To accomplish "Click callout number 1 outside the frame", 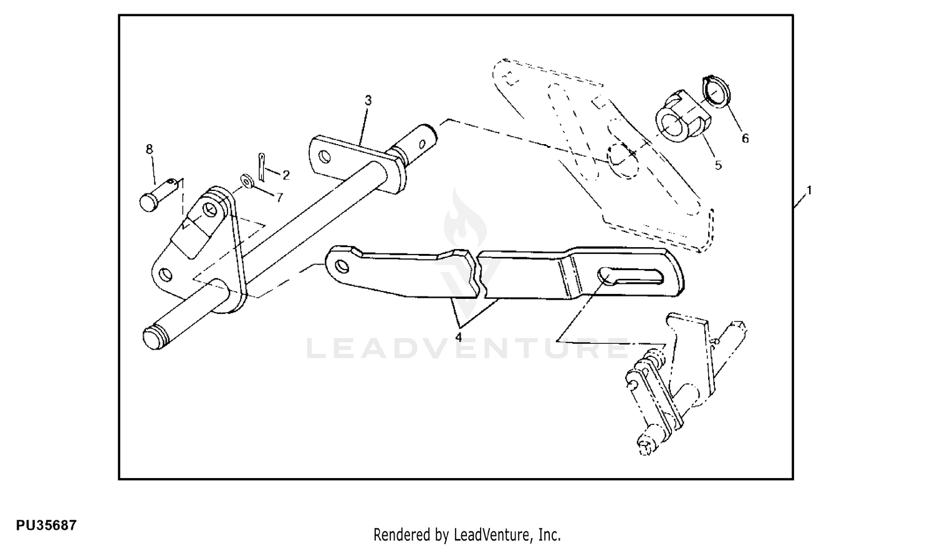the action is click(x=809, y=190).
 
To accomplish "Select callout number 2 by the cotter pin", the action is click(x=286, y=175).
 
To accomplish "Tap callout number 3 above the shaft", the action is click(x=368, y=100).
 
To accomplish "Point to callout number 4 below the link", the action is click(x=458, y=337).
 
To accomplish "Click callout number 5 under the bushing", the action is click(x=718, y=165).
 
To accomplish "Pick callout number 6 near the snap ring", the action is click(x=745, y=139).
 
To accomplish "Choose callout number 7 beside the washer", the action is click(x=279, y=197).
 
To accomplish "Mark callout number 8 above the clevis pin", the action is click(x=150, y=149).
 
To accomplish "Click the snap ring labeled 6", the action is click(x=717, y=91).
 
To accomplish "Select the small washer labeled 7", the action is click(x=246, y=181).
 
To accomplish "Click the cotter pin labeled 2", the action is click(x=261, y=167).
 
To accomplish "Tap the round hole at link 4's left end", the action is click(x=342, y=266).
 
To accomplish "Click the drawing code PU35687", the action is click(x=46, y=525).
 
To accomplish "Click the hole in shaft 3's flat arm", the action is click(x=324, y=157).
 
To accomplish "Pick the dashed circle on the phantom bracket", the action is click(x=623, y=161).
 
